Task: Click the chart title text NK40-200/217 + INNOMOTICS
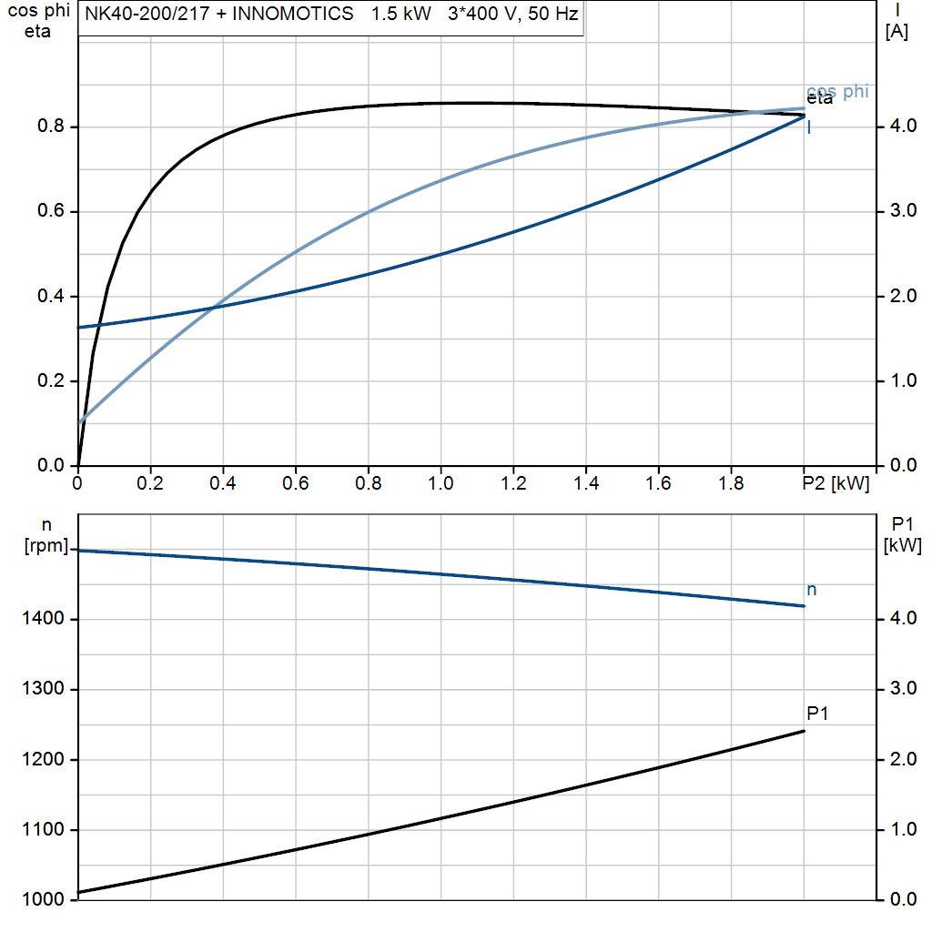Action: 218,15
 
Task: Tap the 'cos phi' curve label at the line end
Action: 838,91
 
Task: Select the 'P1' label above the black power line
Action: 817,714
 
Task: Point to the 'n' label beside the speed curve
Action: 812,590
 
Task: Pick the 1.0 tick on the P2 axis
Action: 441,484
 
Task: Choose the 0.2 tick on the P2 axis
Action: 150,484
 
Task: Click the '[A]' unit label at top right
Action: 897,32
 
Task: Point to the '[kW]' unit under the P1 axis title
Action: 902,546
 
